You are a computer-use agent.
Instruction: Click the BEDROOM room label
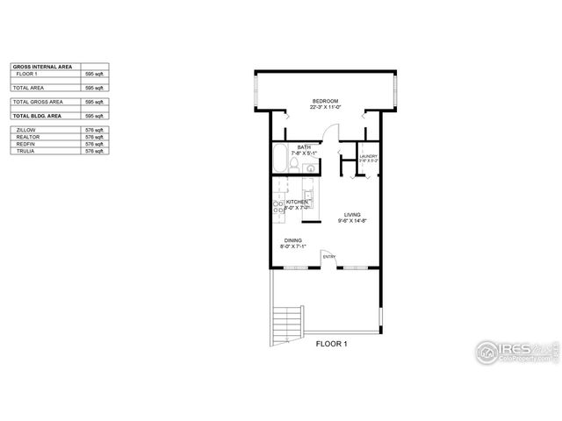325,102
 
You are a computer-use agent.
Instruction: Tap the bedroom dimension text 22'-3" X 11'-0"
325,108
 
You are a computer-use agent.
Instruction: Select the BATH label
304,147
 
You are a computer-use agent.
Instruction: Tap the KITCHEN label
297,202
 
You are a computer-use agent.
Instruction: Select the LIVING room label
352,214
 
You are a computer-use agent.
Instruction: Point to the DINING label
292,240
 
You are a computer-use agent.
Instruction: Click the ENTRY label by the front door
328,257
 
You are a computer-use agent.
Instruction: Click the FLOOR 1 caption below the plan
332,344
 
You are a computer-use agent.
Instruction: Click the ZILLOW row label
26,130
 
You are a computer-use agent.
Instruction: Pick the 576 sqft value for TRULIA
93,151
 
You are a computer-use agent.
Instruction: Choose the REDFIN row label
25,144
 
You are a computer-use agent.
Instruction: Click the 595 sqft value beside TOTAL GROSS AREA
93,102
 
